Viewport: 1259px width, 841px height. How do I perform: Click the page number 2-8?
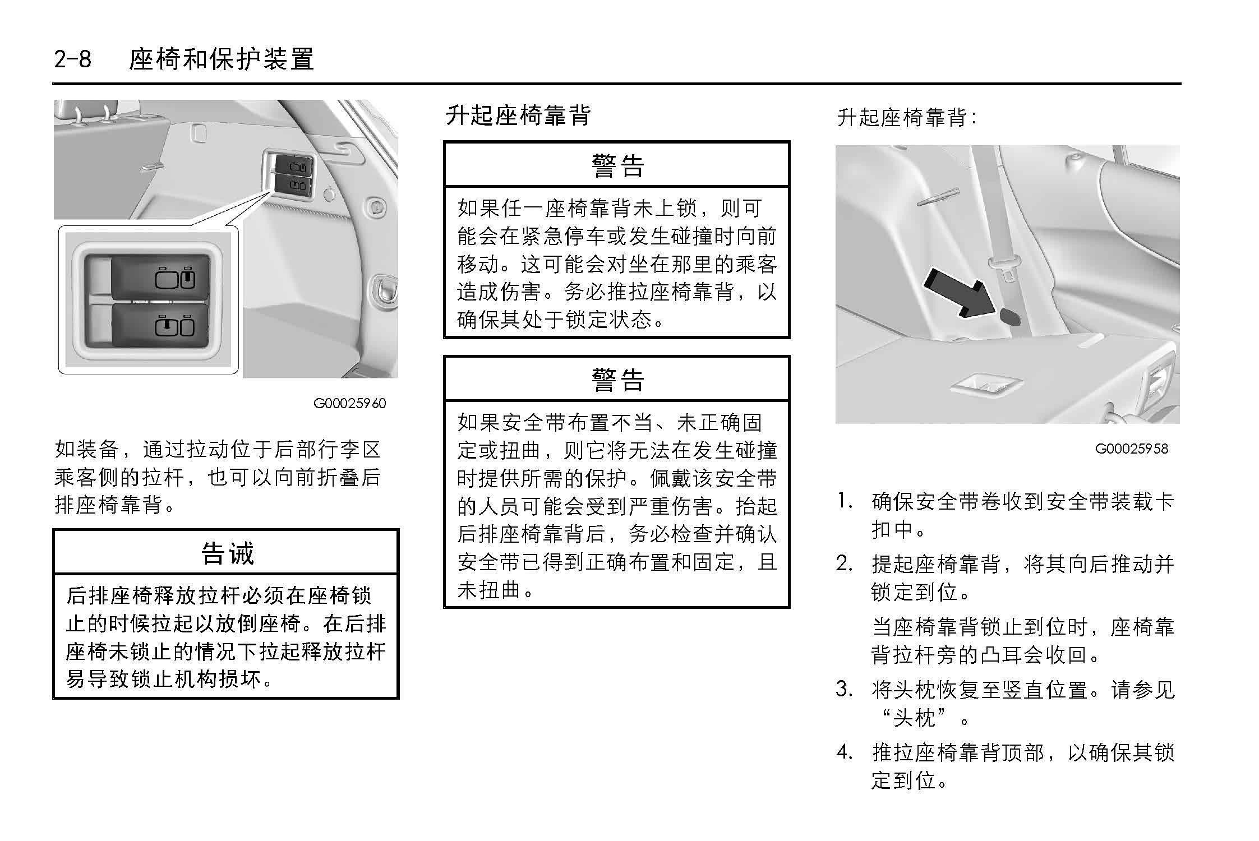72,59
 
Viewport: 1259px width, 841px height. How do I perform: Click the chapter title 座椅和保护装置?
221,59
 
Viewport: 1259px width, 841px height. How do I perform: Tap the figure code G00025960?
349,403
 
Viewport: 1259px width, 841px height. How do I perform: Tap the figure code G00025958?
1131,449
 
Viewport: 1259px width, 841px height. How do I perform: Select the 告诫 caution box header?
227,552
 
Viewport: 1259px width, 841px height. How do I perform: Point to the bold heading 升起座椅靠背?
518,115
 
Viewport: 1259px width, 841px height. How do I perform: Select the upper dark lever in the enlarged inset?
161,278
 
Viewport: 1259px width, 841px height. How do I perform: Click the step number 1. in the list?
846,501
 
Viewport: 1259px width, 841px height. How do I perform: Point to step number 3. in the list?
846,689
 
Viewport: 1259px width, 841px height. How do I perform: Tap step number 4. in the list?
846,751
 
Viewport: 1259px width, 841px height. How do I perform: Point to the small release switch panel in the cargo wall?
287,174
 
